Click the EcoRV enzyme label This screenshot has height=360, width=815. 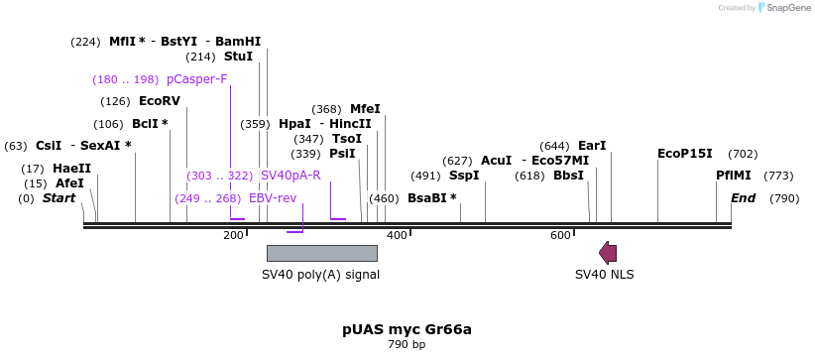[160, 101]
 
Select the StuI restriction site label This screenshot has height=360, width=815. [238, 58]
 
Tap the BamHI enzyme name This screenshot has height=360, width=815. [238, 42]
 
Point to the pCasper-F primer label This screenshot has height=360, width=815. [196, 79]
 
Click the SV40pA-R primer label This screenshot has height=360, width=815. [291, 176]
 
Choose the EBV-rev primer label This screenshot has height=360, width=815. [273, 198]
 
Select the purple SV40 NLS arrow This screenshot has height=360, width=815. [608, 253]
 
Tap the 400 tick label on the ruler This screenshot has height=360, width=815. [397, 235]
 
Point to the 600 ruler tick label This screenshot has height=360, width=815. [561, 235]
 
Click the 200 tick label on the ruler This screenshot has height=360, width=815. [233, 235]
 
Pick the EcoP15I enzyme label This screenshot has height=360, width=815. [685, 154]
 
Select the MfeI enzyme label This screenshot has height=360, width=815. [365, 109]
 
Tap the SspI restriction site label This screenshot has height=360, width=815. [464, 176]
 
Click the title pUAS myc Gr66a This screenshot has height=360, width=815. [407, 329]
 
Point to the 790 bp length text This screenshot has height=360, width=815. [407, 345]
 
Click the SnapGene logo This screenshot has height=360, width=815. [782, 8]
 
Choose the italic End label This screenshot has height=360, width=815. [743, 198]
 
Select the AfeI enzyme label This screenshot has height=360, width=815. [69, 183]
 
